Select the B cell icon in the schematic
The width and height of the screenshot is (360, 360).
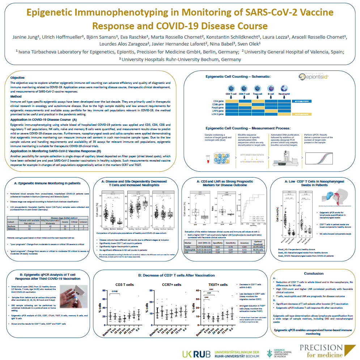[270, 88]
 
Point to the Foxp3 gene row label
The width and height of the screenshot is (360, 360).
[221, 107]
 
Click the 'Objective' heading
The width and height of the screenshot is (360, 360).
[17, 78]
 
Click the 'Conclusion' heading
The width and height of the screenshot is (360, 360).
[313, 273]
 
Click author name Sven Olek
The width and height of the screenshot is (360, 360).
[251, 44]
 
